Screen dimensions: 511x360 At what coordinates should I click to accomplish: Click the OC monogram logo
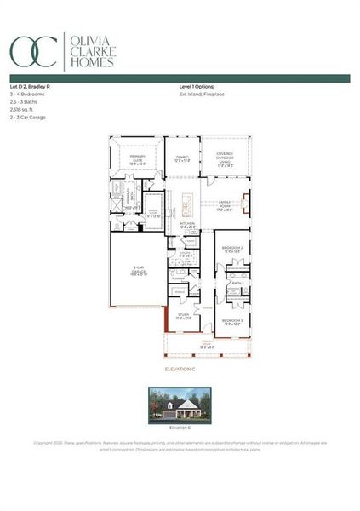[x=33, y=50]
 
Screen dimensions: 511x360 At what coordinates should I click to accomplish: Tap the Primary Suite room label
[x=138, y=159]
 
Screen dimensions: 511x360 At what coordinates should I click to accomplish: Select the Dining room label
[x=182, y=158]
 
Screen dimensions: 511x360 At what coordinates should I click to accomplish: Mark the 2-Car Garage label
[x=139, y=273]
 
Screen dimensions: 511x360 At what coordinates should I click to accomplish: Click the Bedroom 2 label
[x=231, y=249]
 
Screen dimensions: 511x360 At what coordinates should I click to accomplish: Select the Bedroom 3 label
[x=231, y=321]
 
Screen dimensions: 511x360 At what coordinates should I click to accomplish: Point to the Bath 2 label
[x=238, y=282]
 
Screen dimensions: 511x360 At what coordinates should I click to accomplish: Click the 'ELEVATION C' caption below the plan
[x=180, y=370]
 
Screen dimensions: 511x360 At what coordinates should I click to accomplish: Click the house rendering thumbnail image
[x=180, y=404]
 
